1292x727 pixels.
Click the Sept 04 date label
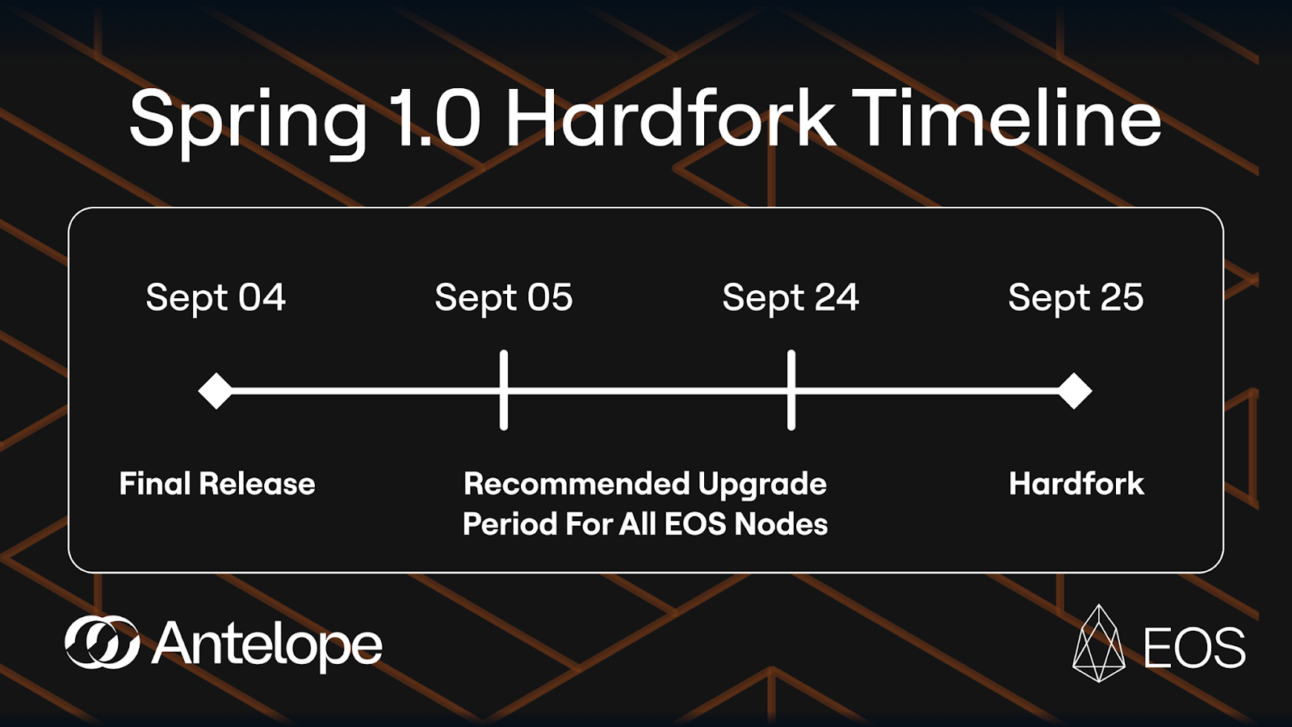coord(216,298)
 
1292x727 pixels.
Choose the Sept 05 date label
coord(504,298)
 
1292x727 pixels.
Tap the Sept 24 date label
coord(791,298)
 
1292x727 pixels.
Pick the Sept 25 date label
coord(1076,298)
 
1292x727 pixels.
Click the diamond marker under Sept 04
coord(216,391)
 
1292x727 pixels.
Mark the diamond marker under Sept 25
coord(1075,391)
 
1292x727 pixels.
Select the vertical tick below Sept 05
coord(504,390)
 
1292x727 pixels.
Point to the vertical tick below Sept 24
coord(791,390)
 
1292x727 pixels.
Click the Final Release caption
coord(217,484)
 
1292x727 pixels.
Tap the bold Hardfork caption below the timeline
coord(1076,484)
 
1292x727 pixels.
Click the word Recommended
coord(577,484)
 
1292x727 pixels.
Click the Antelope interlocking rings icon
coord(102,642)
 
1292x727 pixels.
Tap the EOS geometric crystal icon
coord(1099,643)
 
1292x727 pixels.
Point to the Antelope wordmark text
coord(267,645)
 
